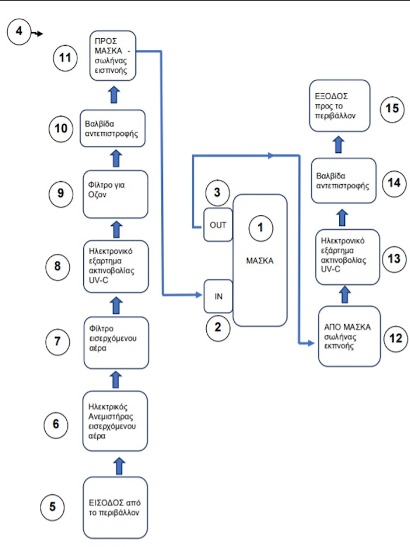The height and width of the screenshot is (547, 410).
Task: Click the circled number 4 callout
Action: pyautogui.click(x=19, y=30)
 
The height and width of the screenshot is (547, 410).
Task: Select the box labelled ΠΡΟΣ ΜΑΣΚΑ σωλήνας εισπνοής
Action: pyautogui.click(x=115, y=56)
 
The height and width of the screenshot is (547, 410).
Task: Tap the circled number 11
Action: pyautogui.click(x=65, y=59)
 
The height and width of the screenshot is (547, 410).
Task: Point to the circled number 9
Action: pyautogui.click(x=60, y=194)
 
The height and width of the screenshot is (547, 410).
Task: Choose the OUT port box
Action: pyautogui.click(x=218, y=225)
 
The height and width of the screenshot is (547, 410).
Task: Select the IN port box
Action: pyautogui.click(x=218, y=296)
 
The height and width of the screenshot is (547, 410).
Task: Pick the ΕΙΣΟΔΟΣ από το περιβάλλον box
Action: pyautogui.click(x=115, y=508)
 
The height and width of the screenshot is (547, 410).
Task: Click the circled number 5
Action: pyautogui.click(x=53, y=506)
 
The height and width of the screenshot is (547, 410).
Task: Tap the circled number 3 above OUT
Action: pyautogui.click(x=217, y=192)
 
